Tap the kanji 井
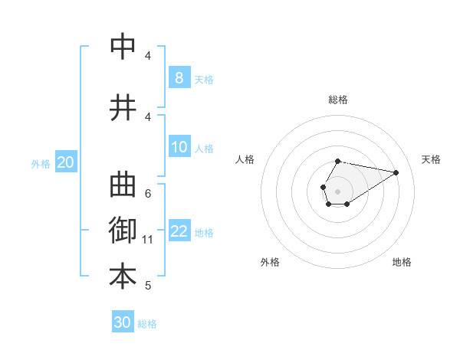tap(123, 107)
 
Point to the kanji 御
tap(123, 231)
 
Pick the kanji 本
tap(123, 277)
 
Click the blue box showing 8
tap(179, 77)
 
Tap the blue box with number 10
tap(179, 147)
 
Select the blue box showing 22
tap(179, 231)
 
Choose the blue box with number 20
tap(65, 162)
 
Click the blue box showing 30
tap(123, 322)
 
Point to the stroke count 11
tap(148, 240)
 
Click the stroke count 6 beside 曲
tap(148, 193)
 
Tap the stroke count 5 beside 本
tap(148, 286)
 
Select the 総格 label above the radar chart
tap(338, 100)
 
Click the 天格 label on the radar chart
tap(431, 159)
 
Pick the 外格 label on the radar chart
tap(270, 262)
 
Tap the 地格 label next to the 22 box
tap(204, 233)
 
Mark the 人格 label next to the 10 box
tap(204, 149)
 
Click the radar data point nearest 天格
tap(396, 172)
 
